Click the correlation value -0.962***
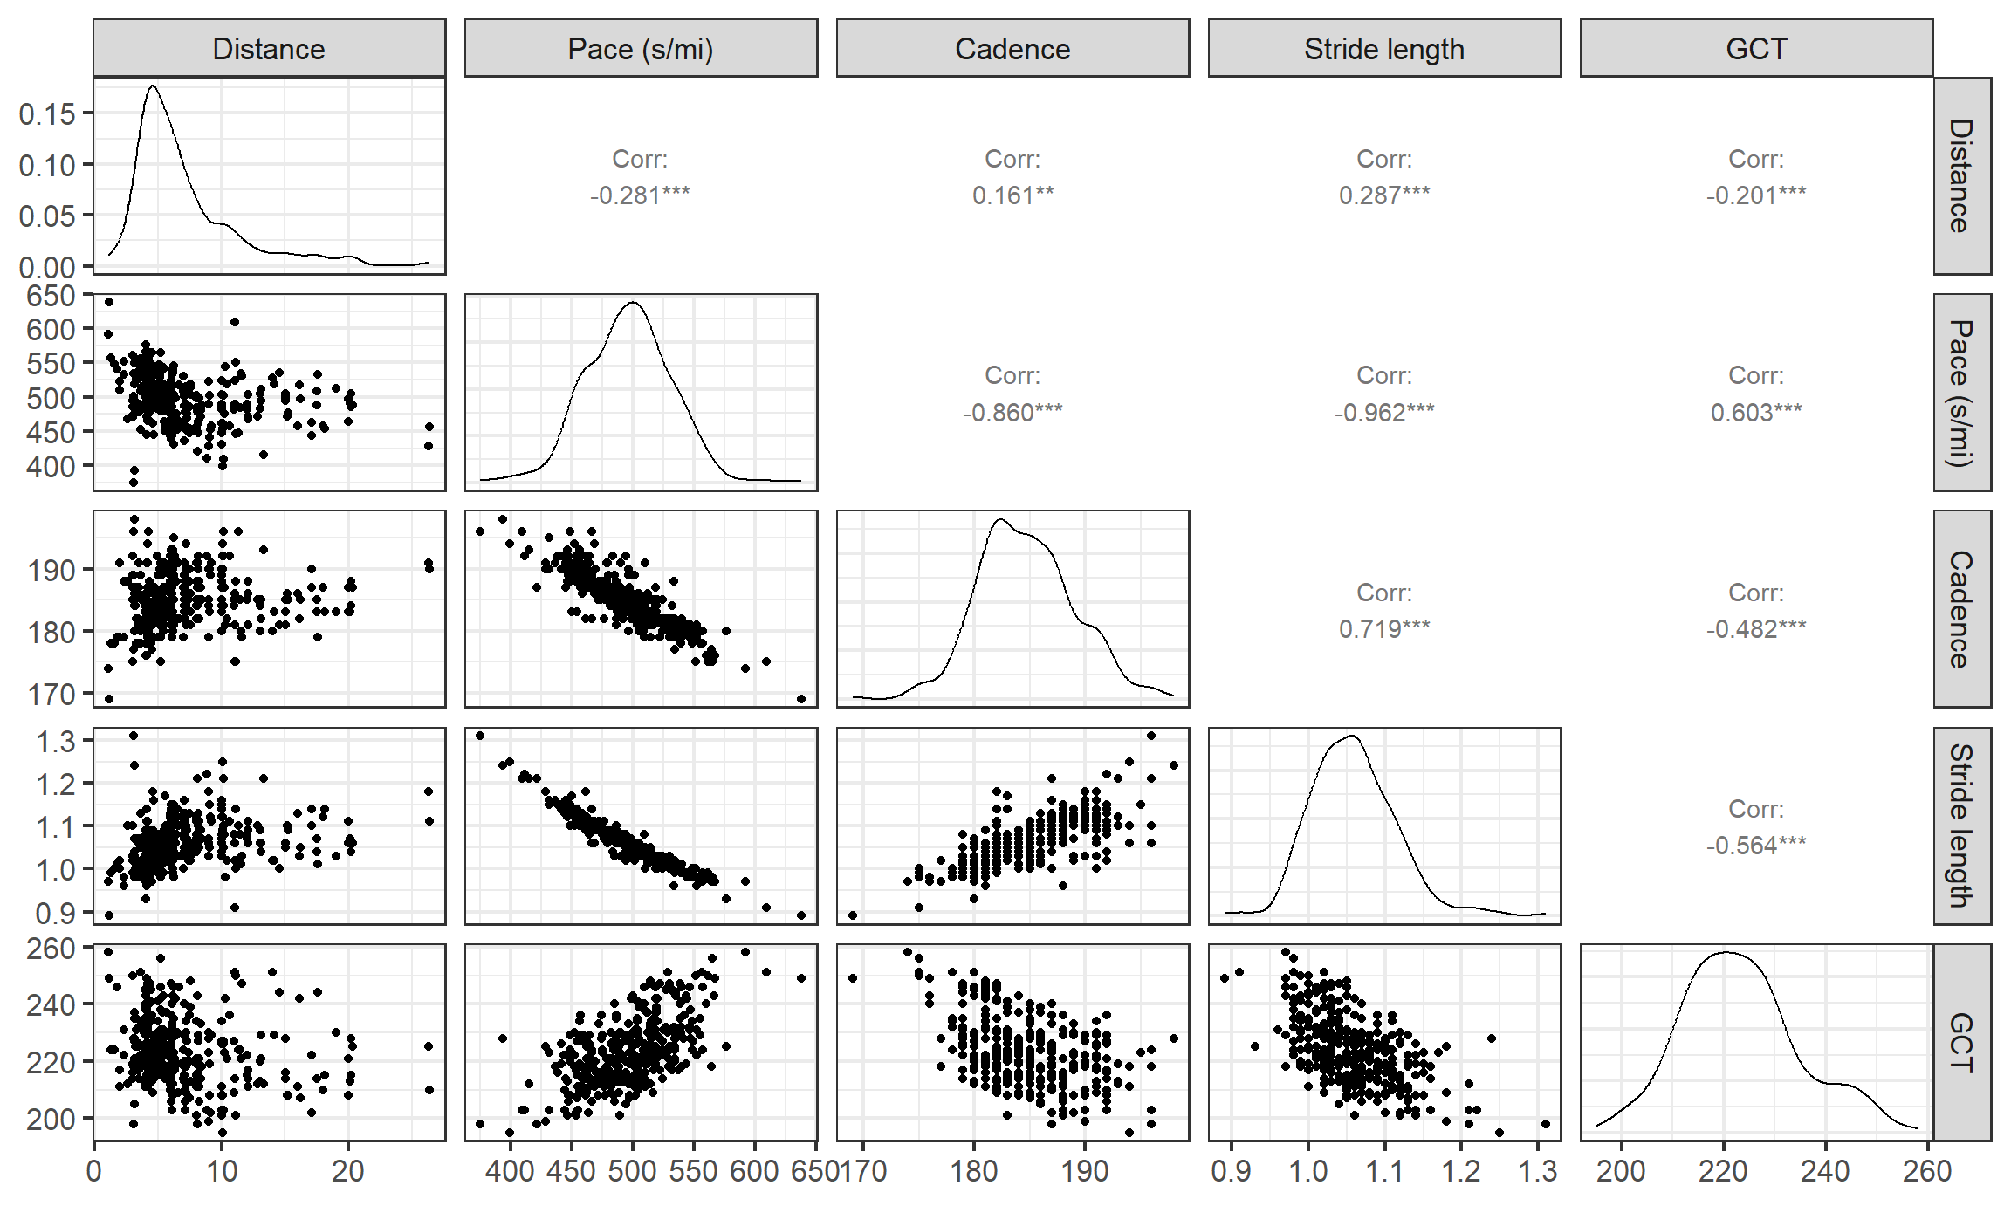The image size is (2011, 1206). (x=1384, y=412)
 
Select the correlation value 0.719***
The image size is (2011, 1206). (x=1384, y=628)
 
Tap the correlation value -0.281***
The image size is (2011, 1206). (x=640, y=195)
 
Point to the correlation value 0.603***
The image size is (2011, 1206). (x=1756, y=412)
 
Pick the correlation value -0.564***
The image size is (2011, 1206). (x=1756, y=845)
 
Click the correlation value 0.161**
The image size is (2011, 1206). (x=1012, y=195)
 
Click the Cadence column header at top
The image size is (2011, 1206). (x=1012, y=49)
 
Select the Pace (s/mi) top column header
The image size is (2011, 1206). (x=641, y=49)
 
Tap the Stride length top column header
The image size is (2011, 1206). (x=1384, y=49)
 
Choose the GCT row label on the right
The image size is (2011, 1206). (x=1961, y=1042)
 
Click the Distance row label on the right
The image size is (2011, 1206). (x=1961, y=175)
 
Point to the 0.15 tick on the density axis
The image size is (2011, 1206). (x=47, y=113)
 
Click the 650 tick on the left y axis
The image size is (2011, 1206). (x=51, y=296)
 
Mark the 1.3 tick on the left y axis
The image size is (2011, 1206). (x=54, y=741)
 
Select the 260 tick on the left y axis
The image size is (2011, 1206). (x=51, y=949)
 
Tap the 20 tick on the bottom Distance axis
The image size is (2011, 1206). (x=347, y=1171)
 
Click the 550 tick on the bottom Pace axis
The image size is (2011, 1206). (x=694, y=1171)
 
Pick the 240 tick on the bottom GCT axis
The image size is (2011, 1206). (x=1825, y=1171)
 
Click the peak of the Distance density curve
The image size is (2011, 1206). (x=154, y=86)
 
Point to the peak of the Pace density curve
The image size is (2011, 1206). (x=633, y=303)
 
